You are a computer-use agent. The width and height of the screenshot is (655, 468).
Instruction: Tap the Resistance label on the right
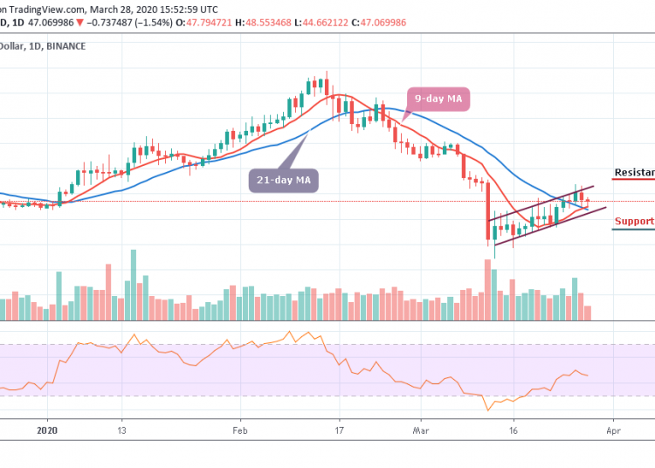click(634, 173)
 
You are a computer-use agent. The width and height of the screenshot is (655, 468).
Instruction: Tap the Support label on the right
click(634, 221)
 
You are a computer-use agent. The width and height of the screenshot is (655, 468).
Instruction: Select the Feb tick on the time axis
click(240, 430)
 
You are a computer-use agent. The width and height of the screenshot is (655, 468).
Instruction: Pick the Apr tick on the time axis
click(613, 430)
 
